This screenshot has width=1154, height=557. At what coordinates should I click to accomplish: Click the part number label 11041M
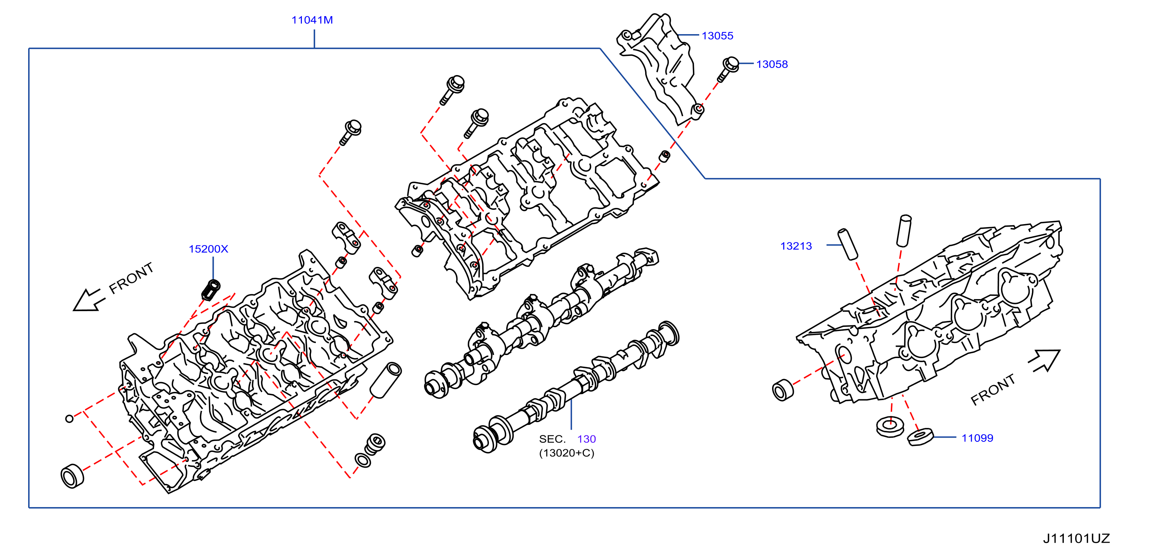pos(312,20)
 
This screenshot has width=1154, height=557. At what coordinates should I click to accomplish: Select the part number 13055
pos(717,36)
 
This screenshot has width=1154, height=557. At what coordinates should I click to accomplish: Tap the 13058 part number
pos(772,65)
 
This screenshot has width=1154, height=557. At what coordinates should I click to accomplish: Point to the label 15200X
pos(208,249)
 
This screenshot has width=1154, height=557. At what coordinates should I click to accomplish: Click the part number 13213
pos(796,246)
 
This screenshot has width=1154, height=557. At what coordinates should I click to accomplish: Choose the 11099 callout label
pos(977,438)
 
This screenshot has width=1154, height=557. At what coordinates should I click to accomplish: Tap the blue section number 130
pos(587,439)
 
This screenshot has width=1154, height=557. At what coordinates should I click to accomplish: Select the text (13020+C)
pos(567,453)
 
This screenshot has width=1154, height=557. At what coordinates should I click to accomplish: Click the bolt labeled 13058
pos(727,69)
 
